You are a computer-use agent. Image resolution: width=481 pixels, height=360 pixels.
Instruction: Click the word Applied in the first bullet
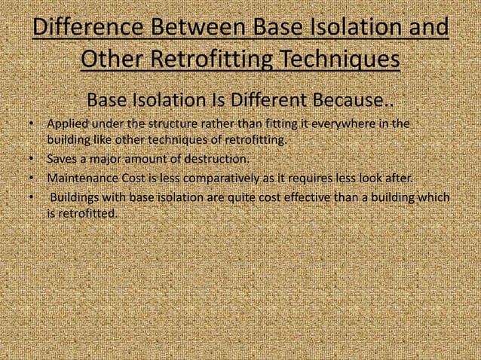click(x=66, y=124)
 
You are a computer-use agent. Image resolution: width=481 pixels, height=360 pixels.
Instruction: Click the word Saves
click(x=61, y=160)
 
